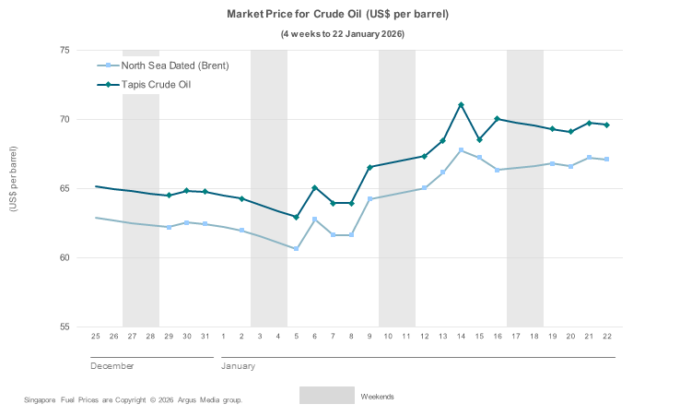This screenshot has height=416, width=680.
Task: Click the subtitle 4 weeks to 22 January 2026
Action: pos(342,34)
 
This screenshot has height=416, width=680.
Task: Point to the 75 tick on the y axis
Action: pos(64,50)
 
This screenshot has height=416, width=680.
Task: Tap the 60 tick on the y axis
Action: pos(64,257)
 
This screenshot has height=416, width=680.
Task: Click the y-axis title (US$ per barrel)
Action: pos(13,179)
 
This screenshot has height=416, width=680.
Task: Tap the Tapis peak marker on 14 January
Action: pos(461,105)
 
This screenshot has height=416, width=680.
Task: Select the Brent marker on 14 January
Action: pos(461,150)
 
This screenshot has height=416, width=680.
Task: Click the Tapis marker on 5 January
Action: pos(296,217)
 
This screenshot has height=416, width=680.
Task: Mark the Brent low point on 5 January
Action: pos(296,248)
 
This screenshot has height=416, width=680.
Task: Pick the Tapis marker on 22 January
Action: pos(606,125)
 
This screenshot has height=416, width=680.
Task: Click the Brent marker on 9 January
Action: pos(369,198)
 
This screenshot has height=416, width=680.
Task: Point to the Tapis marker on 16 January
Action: pos(497,119)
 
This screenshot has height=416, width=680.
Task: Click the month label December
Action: pos(111,366)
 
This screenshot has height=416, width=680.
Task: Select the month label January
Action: pos(238,366)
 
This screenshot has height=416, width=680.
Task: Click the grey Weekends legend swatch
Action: pos(326,396)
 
